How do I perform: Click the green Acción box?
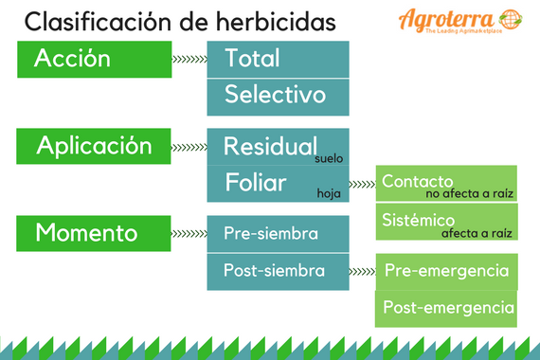tap(93, 60)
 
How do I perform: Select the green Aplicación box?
tap(93, 146)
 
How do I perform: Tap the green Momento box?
tap(93, 233)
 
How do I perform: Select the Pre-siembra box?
tap(278, 233)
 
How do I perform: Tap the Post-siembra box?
tap(278, 272)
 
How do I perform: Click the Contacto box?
tap(446, 184)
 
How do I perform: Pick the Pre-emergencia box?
tap(446, 272)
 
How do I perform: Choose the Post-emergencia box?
tap(446, 309)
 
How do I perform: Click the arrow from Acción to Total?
tap(189, 60)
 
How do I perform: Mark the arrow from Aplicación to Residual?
tap(189, 147)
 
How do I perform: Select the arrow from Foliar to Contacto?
tap(362, 184)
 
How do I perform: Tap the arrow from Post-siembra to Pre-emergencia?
tap(362, 272)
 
